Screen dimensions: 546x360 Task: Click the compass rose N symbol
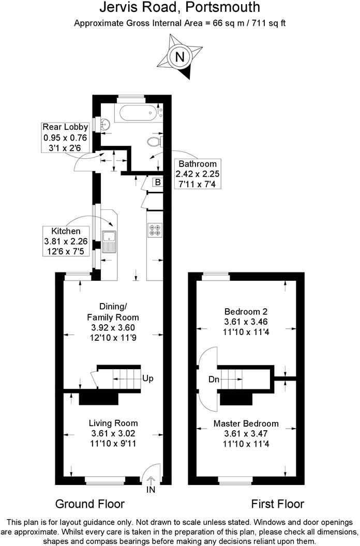(x=180, y=57)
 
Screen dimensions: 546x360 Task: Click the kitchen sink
(x=110, y=241)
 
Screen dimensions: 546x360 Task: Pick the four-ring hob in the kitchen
(x=155, y=230)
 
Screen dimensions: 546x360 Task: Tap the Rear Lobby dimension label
(x=65, y=137)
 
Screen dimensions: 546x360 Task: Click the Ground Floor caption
(x=89, y=504)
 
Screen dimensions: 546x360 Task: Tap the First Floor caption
(x=277, y=504)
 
